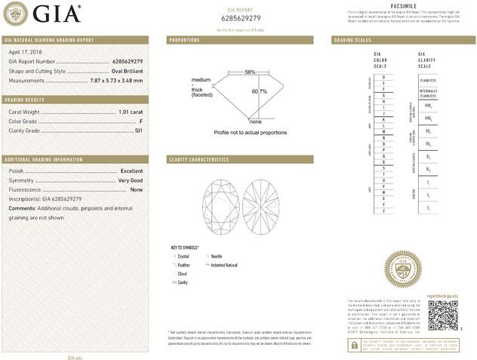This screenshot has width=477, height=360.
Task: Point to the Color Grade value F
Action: point(141,122)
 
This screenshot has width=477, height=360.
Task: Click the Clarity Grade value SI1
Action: point(138,131)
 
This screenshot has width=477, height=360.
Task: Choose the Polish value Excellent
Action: point(131,171)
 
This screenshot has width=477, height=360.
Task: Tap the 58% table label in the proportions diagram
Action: point(250,72)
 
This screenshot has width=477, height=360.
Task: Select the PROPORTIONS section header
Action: point(184,39)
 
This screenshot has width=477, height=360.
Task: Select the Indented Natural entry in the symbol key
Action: point(226,265)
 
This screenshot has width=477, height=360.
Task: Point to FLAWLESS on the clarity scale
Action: point(428,78)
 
